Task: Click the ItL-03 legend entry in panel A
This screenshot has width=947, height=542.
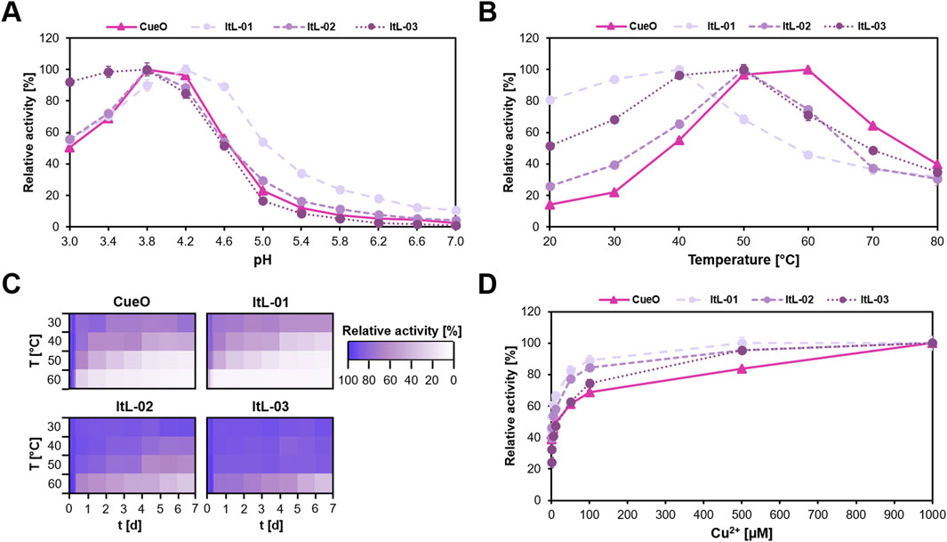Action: (x=401, y=26)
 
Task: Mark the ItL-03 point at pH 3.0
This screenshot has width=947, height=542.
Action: (x=69, y=82)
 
